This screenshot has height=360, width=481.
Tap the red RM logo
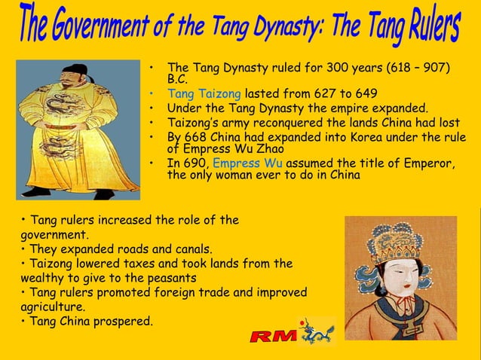pyautogui.click(x=274, y=335)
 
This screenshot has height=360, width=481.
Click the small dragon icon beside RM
pyautogui.click(x=317, y=331)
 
